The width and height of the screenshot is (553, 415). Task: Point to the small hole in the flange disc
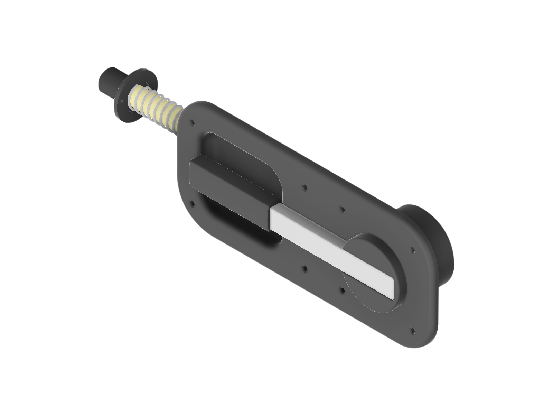[x=122, y=101]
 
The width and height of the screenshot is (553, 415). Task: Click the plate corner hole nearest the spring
[x=192, y=122]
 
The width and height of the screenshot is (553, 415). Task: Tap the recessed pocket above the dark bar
[x=242, y=156]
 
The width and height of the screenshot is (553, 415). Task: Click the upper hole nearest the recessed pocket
[x=304, y=187]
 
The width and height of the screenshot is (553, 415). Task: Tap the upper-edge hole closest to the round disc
[x=342, y=209]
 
